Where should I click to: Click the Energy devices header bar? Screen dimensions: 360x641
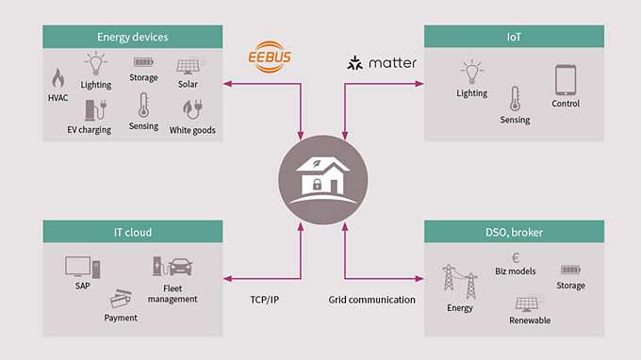pos(132,37)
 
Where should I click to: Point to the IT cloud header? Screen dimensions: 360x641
pos(132,232)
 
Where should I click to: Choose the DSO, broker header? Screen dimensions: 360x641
pos(514,232)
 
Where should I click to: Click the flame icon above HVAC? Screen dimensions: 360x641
pos(58,77)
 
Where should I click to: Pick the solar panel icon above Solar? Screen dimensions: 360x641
pos(188,65)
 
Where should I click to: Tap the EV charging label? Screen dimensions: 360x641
pos(89,130)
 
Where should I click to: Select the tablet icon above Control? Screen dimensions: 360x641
pos(566,80)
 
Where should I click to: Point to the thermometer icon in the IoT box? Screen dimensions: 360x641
pos(515,99)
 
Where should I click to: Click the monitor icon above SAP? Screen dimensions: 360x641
pos(77,267)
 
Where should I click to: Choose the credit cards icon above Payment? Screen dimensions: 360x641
pos(120,299)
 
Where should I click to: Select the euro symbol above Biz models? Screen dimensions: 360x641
pos(515,256)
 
